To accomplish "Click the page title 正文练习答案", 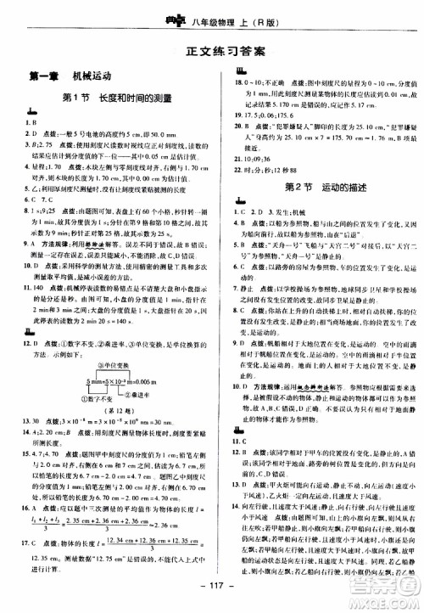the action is [x=211, y=52].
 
